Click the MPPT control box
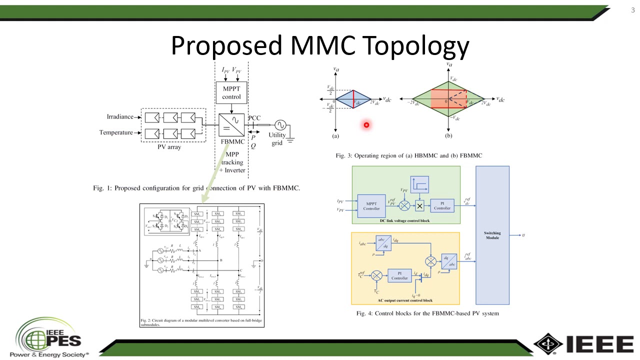(x=231, y=93)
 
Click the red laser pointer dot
(x=366, y=125)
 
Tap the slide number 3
(x=632, y=10)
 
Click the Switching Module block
(x=492, y=235)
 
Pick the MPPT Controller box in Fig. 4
(x=371, y=206)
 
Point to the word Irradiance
(x=120, y=117)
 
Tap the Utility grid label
(x=277, y=139)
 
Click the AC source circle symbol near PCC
(x=277, y=125)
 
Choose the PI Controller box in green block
(x=442, y=205)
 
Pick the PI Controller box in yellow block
(x=399, y=275)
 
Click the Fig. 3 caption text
(x=408, y=155)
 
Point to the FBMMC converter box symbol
(x=231, y=125)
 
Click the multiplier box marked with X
(x=419, y=206)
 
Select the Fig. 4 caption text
(x=427, y=313)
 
